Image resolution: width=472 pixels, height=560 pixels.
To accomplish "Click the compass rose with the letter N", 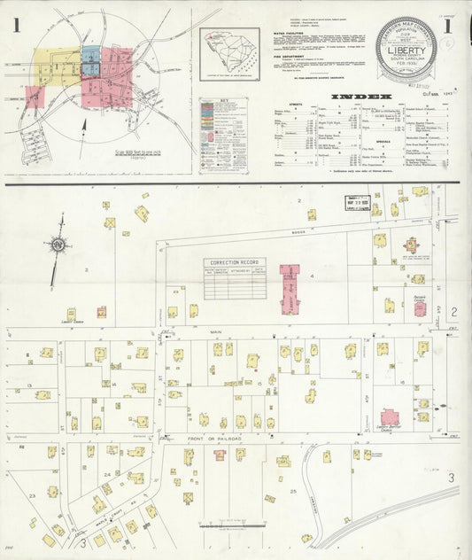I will click(x=59, y=244).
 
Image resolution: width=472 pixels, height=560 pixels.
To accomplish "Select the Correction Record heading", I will click(x=235, y=263).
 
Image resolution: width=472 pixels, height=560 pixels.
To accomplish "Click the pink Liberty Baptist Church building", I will click(x=390, y=417).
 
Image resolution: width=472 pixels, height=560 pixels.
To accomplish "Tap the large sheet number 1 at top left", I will click(x=16, y=24).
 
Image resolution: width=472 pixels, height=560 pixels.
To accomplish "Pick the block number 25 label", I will click(x=292, y=490).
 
